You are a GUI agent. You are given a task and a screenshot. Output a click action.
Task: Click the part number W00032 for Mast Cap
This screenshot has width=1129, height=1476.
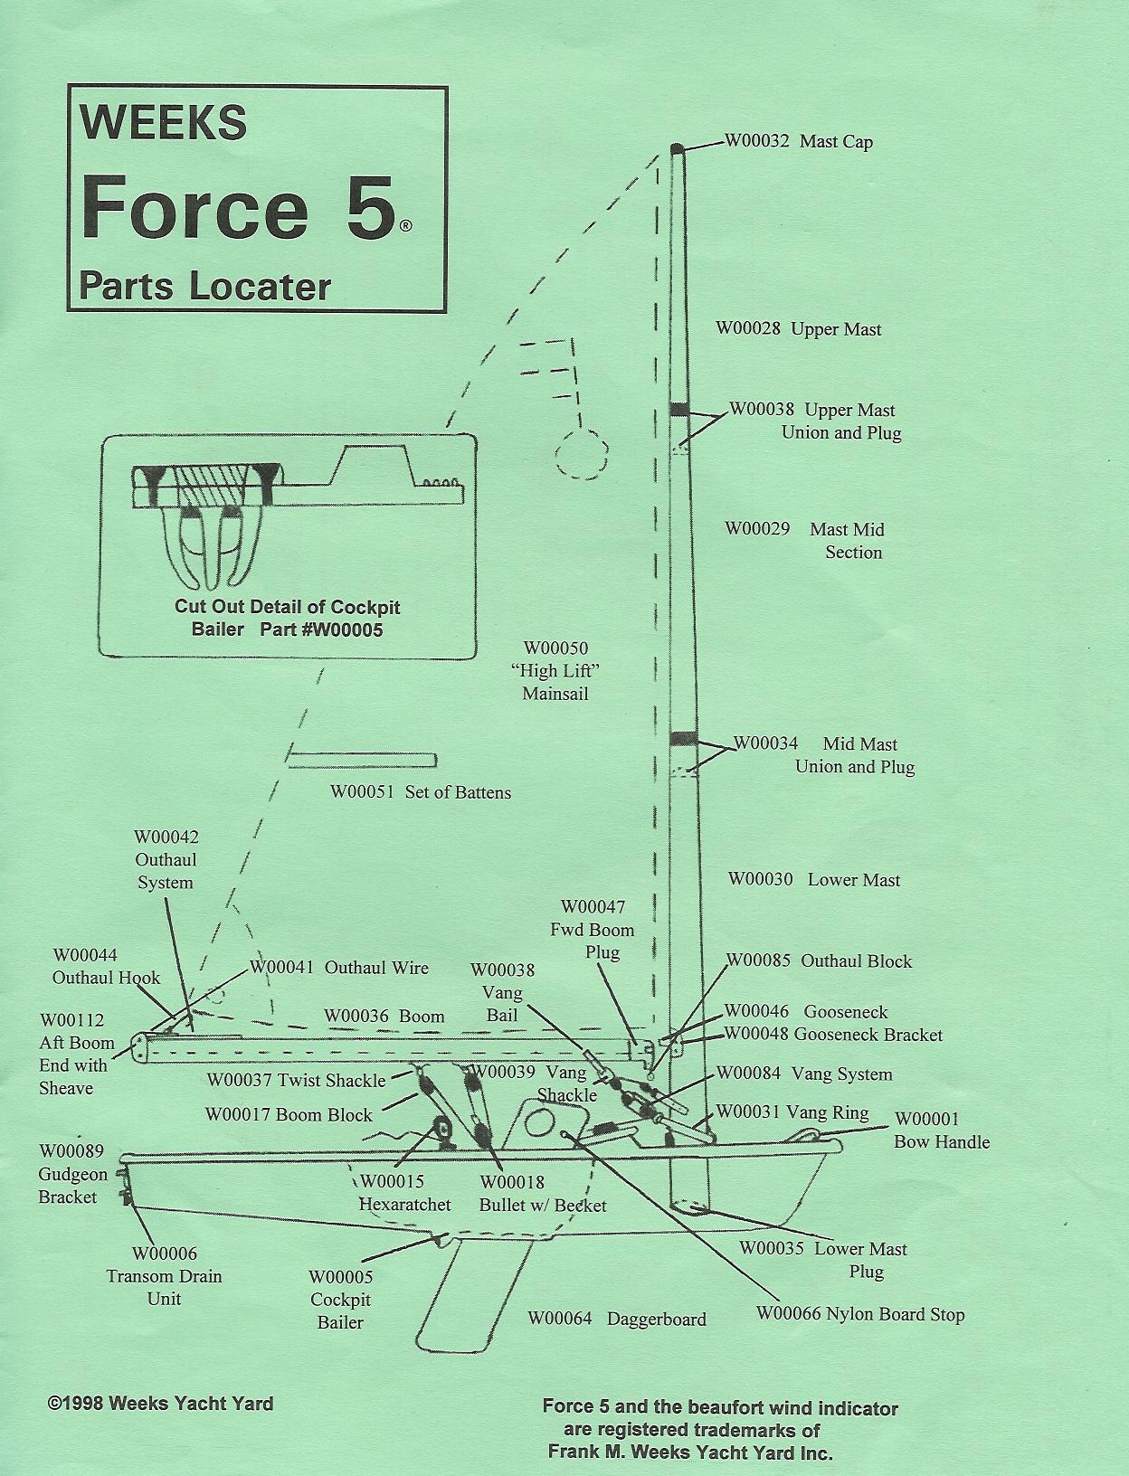(757, 141)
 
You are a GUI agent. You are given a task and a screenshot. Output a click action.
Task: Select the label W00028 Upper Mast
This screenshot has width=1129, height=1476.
(798, 329)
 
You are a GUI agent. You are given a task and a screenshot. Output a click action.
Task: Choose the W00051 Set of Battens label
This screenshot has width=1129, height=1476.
(421, 792)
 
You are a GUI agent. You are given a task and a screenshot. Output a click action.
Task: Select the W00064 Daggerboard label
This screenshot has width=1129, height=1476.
(616, 1319)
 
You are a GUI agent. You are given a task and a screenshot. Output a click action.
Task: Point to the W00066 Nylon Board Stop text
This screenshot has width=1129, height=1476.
(860, 1314)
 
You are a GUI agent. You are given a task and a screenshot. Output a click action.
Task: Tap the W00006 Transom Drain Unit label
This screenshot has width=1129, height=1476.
(164, 1276)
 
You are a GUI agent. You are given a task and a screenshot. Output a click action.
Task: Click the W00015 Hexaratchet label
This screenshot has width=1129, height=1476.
(404, 1193)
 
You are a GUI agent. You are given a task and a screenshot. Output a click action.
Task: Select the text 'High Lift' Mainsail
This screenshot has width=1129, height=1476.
(555, 671)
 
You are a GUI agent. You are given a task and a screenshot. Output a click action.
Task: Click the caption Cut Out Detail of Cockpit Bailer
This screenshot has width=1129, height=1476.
(287, 618)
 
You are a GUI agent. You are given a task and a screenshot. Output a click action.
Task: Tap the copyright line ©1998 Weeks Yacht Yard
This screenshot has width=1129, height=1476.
(160, 1404)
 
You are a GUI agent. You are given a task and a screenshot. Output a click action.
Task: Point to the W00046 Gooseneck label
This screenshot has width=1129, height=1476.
(806, 1012)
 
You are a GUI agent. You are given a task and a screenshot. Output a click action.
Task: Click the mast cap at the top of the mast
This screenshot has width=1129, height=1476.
(677, 147)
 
